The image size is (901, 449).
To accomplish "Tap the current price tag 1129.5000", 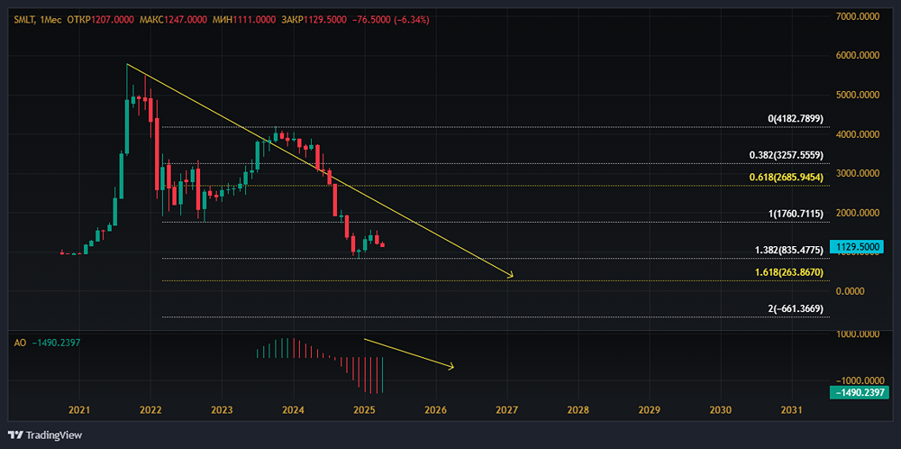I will coord(857,246).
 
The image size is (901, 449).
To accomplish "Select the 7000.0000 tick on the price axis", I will coord(858,16).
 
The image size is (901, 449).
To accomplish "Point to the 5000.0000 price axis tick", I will coord(858,95).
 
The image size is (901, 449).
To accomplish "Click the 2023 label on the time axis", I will coord(222,410).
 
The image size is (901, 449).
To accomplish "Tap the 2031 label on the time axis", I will coord(792,410).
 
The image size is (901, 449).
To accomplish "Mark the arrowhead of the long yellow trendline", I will coord(512,275).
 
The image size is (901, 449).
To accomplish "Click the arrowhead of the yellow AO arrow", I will coord(452,366).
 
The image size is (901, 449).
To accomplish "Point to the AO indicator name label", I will coord(19,343).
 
